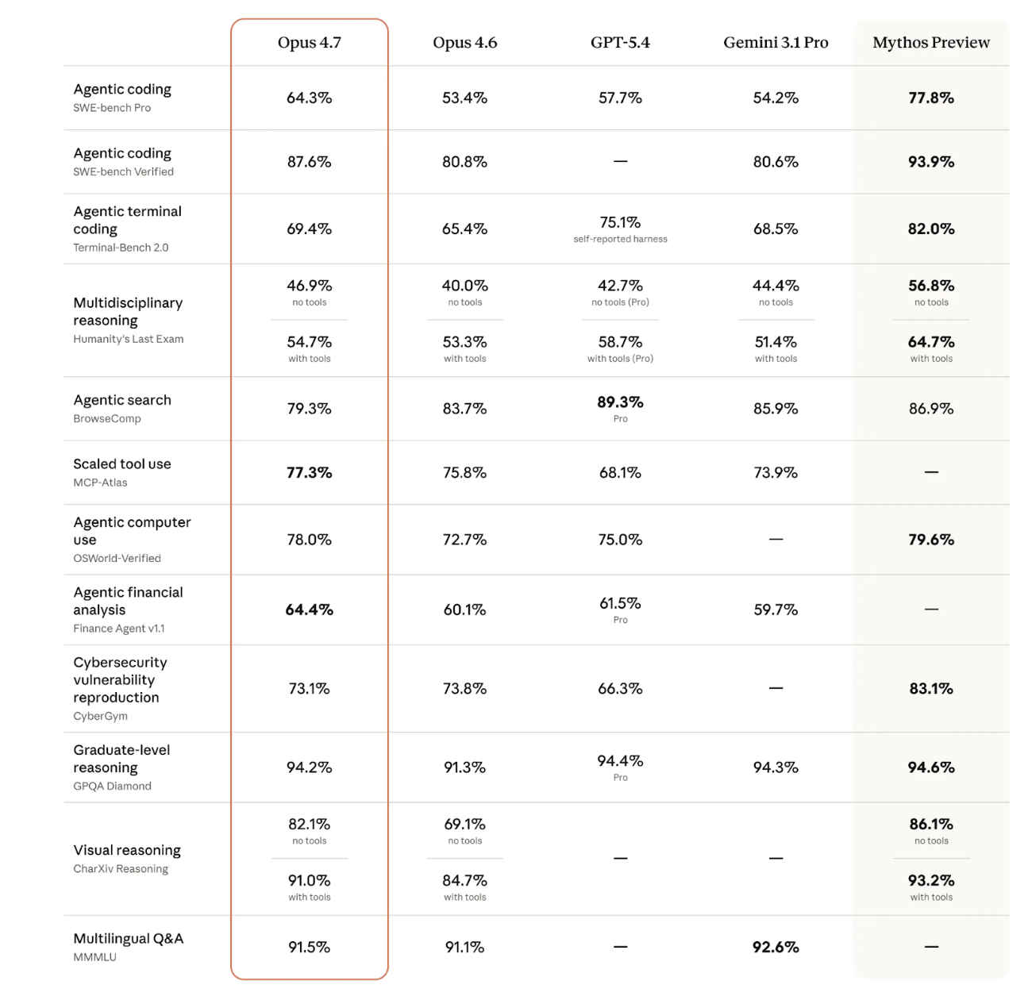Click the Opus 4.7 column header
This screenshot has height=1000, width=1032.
click(x=309, y=43)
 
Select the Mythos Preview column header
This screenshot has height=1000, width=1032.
click(x=931, y=43)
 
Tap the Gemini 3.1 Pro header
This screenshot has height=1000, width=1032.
click(x=776, y=43)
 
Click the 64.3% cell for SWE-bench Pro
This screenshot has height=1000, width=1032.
click(x=309, y=98)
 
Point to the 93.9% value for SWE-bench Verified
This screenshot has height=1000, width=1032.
click(x=931, y=162)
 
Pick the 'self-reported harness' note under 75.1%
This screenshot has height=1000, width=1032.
click(x=620, y=239)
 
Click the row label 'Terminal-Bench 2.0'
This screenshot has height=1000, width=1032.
click(x=121, y=248)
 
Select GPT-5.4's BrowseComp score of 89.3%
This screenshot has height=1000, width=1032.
click(x=620, y=402)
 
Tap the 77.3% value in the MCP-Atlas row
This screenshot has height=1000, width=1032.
click(x=309, y=472)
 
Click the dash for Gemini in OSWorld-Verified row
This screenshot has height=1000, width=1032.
click(x=776, y=540)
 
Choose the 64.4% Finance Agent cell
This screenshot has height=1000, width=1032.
click(x=309, y=610)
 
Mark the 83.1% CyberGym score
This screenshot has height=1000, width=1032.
click(x=931, y=689)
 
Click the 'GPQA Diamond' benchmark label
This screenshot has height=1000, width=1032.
click(x=112, y=787)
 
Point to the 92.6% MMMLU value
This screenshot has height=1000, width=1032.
click(x=776, y=947)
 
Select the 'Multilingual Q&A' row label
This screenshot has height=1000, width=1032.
click(x=129, y=939)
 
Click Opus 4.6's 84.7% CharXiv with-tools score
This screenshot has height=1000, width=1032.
click(x=464, y=881)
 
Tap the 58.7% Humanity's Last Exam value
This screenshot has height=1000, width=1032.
click(x=620, y=342)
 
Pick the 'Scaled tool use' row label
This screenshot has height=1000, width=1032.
click(x=122, y=464)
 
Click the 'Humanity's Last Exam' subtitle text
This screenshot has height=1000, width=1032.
click(x=129, y=339)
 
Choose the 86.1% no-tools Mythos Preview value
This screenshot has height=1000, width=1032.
click(x=931, y=825)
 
